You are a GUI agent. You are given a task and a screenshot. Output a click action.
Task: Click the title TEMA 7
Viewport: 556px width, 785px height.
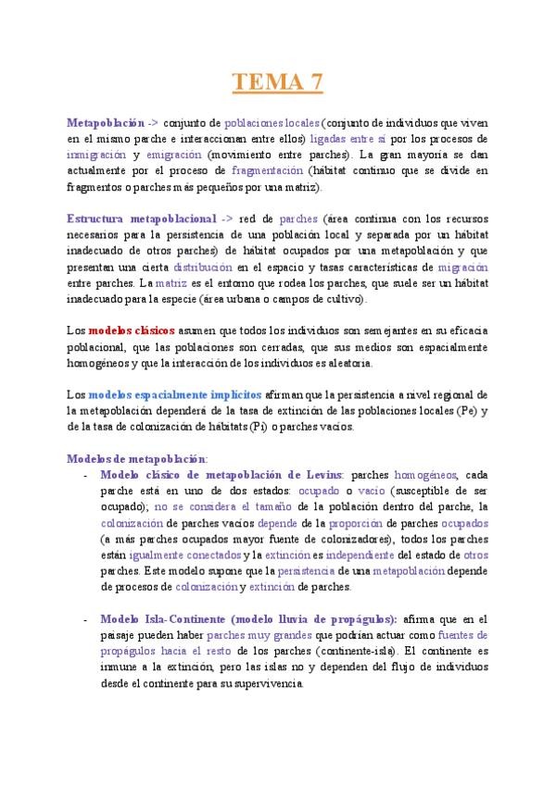coord(277,82)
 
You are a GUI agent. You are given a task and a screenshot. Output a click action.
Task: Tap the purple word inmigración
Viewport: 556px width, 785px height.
coord(95,155)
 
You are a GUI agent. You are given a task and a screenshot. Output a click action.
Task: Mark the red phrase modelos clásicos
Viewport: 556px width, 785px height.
coord(132,330)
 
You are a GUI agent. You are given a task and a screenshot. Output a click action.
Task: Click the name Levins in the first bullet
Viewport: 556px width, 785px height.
coord(322,474)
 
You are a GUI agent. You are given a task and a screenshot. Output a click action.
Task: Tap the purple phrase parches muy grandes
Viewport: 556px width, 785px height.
coord(253,635)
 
